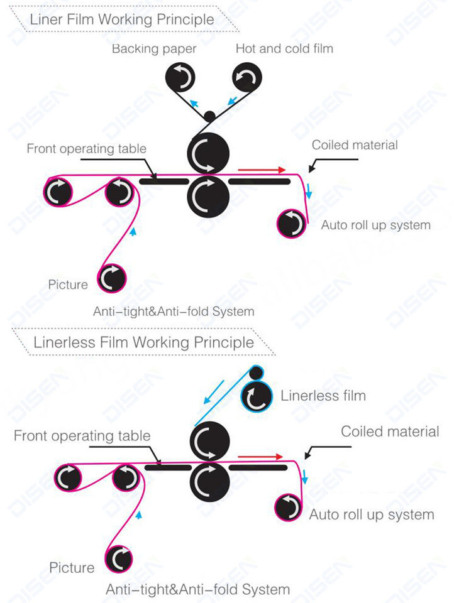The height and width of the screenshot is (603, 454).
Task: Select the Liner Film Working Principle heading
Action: pos(123,19)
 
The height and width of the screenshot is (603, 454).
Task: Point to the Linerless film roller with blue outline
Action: pos(257,396)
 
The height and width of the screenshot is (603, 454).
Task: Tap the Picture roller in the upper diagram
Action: pos(112,277)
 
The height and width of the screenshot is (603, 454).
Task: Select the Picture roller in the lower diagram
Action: pos(119,558)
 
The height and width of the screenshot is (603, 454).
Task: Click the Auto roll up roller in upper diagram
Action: pos(292,224)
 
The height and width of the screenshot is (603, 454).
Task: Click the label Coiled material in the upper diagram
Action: pos(355,145)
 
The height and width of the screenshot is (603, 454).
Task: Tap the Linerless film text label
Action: pos(323,396)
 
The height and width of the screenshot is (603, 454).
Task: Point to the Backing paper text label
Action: pos(154,49)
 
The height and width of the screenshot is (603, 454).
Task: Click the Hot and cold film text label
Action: pos(284,49)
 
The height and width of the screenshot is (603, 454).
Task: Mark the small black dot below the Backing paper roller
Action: pos(209,116)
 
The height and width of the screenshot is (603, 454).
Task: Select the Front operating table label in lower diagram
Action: pos(82,436)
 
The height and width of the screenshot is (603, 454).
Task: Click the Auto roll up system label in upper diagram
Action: pos(375,225)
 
